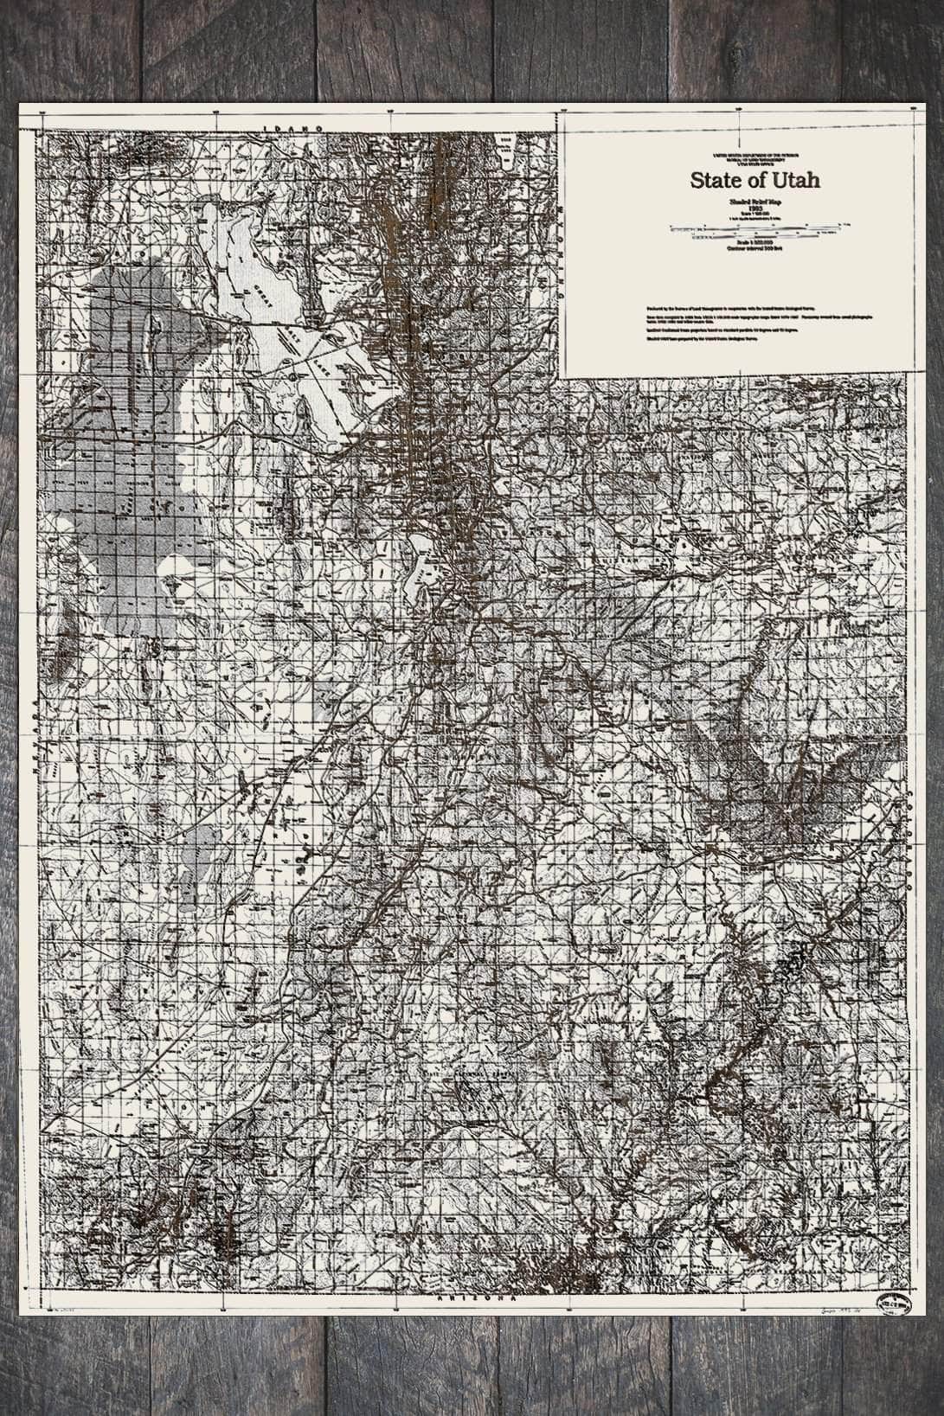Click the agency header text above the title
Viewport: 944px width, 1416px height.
pyautogui.click(x=755, y=158)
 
